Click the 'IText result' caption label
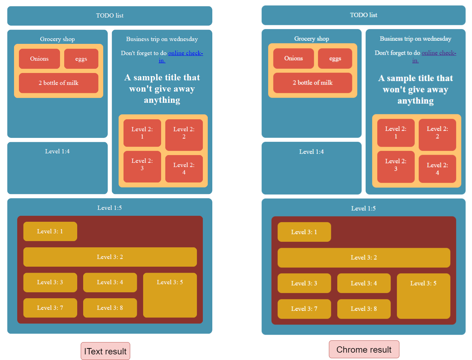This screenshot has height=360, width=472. pos(105,351)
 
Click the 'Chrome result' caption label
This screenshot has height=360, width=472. pos(364,349)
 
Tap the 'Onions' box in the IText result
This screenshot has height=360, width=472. pos(39,59)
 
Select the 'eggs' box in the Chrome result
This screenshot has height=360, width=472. pos(335,59)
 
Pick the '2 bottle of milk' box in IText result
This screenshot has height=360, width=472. pos(59,83)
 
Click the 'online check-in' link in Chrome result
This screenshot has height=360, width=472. pos(438,53)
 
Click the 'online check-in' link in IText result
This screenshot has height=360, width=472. pos(185,53)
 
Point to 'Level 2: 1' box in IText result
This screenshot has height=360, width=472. pos(142,133)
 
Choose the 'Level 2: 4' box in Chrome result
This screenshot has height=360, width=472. pos(437,169)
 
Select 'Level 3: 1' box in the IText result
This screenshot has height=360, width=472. pos(50,232)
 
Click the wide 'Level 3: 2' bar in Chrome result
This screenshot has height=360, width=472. pos(364,258)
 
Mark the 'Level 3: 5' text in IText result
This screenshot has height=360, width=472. pos(170,282)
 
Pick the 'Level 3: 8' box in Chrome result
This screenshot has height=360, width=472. pos(364,309)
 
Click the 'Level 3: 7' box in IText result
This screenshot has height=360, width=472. pos(50,308)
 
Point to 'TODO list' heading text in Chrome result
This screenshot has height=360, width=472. pos(363,15)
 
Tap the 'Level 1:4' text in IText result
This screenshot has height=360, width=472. pos(57,152)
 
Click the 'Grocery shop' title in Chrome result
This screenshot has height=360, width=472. pos(311,39)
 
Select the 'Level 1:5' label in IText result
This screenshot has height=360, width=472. pos(109,208)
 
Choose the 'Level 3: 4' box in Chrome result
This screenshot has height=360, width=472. pos(364,283)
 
